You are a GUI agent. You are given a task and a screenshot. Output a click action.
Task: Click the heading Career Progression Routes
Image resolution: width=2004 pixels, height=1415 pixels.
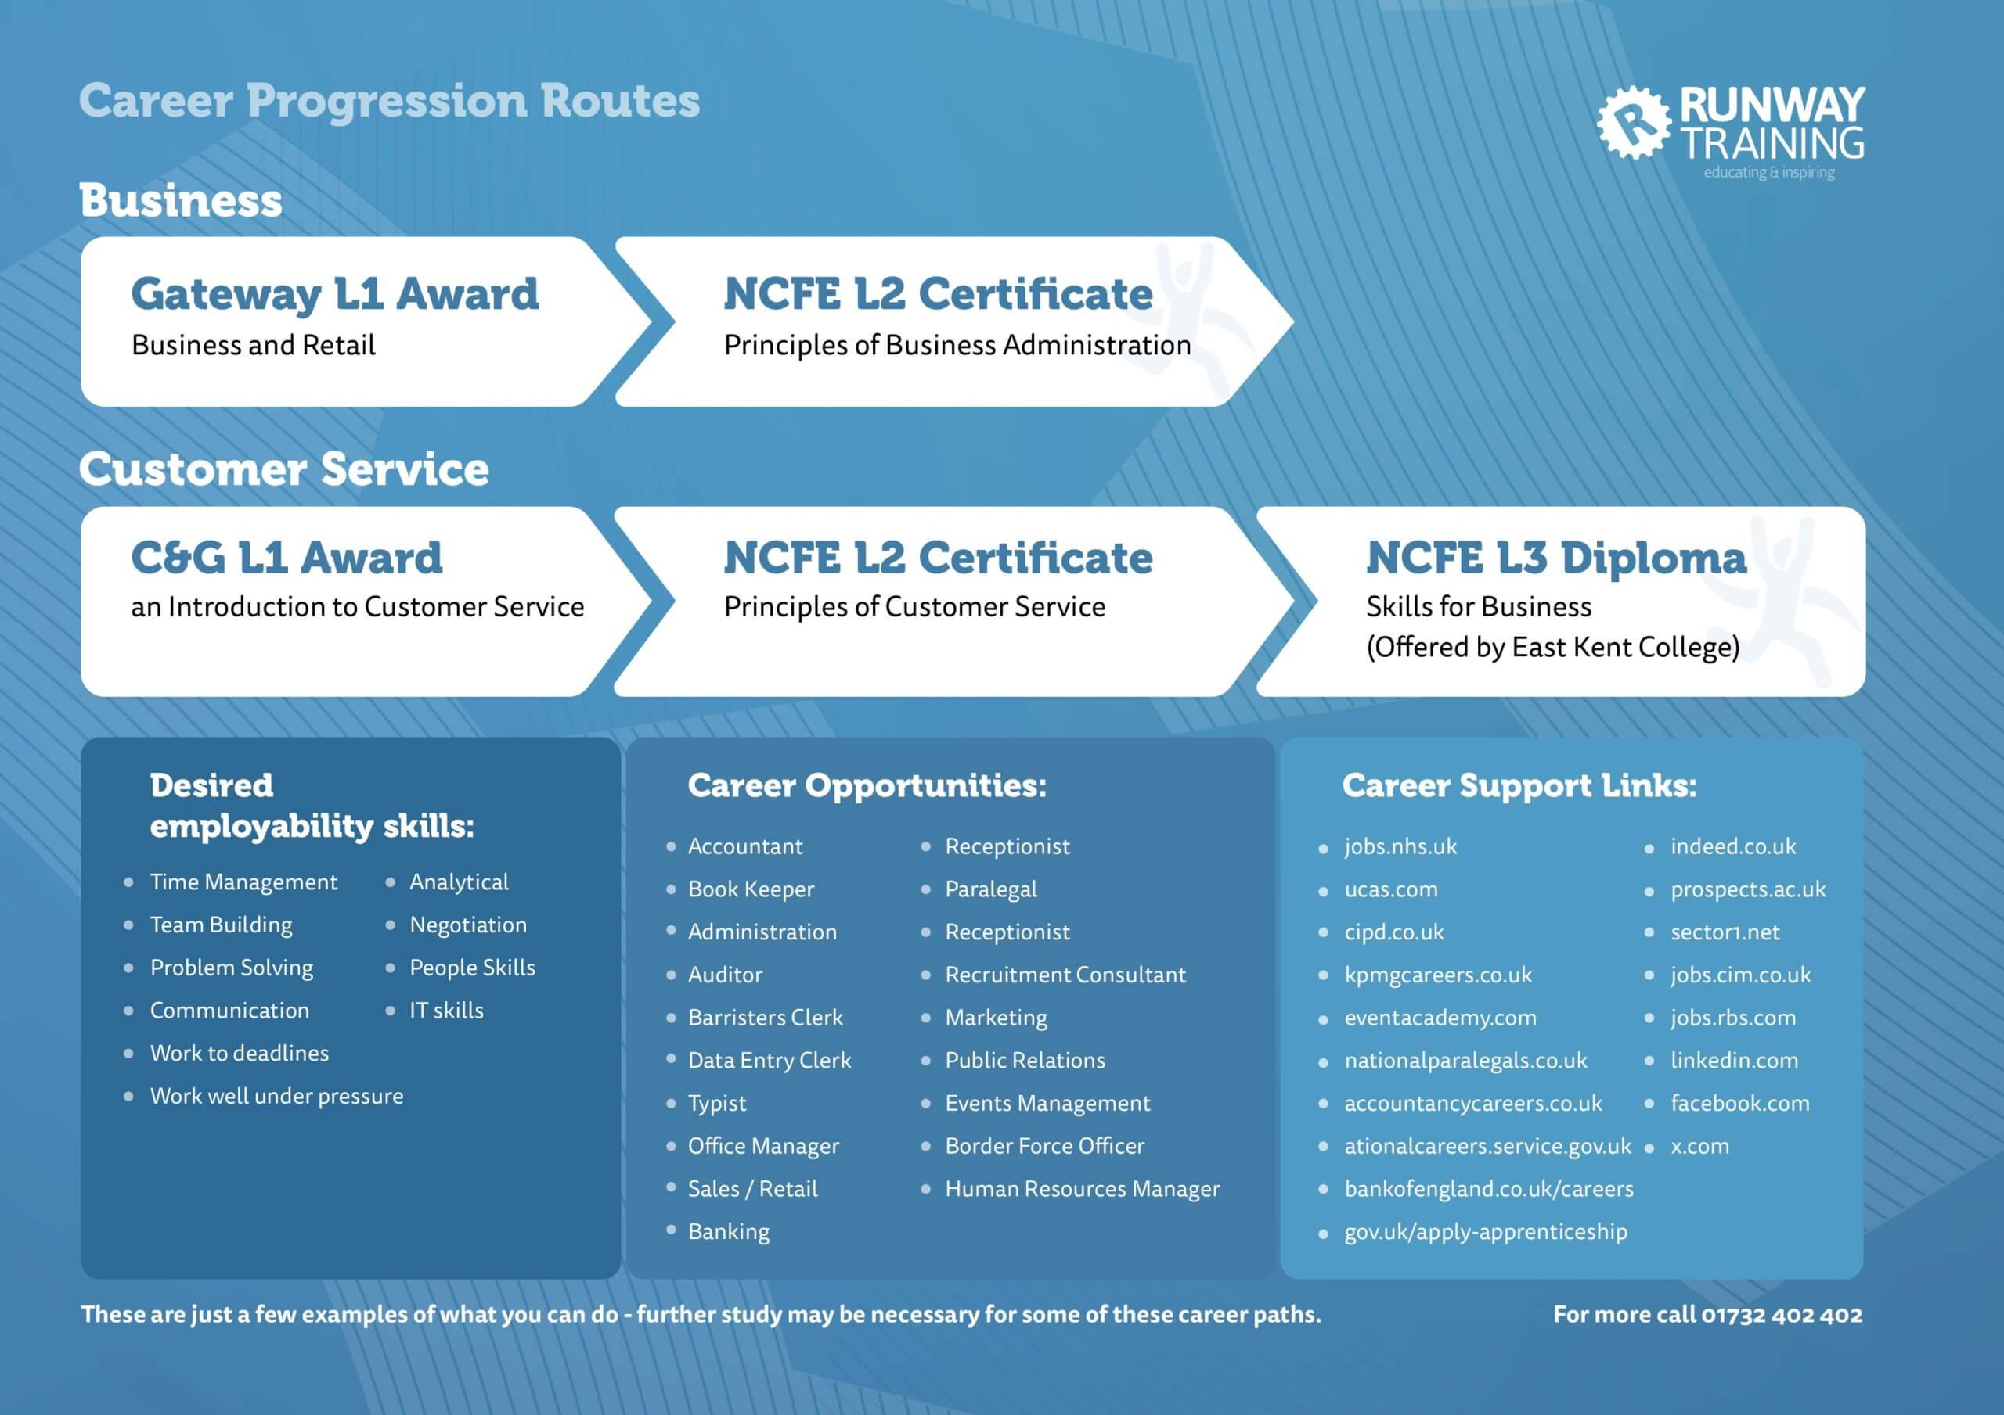click(x=389, y=101)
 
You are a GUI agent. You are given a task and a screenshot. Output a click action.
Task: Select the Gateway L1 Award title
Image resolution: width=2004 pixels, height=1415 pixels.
click(x=335, y=294)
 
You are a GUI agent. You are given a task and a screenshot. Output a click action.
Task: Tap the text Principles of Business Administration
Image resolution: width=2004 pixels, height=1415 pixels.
click(x=957, y=346)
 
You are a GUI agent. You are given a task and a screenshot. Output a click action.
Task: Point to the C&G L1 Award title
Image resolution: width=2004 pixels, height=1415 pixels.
click(x=287, y=558)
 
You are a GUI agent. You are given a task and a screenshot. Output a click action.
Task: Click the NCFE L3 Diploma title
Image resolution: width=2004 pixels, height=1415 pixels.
click(x=1556, y=558)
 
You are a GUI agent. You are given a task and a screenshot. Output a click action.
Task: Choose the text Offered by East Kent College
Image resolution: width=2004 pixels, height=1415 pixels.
click(x=1554, y=648)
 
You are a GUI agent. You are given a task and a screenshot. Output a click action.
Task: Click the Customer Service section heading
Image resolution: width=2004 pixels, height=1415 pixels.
click(x=284, y=469)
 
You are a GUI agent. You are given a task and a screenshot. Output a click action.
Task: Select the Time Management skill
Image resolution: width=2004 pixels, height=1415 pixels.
click(x=243, y=882)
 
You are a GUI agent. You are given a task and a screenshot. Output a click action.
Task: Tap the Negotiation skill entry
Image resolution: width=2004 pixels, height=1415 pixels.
click(x=469, y=925)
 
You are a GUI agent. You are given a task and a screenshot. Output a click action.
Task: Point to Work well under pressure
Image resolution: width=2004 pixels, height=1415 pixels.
click(x=276, y=1096)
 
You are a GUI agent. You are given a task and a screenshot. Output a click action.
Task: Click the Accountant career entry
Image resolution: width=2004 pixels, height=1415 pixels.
click(x=745, y=846)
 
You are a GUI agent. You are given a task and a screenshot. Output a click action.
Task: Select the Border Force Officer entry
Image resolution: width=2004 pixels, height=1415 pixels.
click(x=1045, y=1145)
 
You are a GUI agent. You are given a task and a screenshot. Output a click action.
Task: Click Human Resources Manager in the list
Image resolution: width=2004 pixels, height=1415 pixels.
click(x=1083, y=1189)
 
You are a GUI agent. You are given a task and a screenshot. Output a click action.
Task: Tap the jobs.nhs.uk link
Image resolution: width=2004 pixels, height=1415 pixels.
click(x=1401, y=846)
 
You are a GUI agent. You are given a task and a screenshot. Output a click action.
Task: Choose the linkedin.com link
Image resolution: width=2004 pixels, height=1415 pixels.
click(x=1734, y=1060)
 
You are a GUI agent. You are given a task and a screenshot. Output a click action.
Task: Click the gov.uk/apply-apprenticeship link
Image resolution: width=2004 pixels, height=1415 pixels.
click(x=1486, y=1232)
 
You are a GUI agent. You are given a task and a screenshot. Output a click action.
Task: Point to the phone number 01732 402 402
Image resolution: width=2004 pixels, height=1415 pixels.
click(x=1782, y=1315)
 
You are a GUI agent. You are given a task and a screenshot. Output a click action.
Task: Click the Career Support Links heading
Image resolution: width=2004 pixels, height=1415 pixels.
click(x=1519, y=786)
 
